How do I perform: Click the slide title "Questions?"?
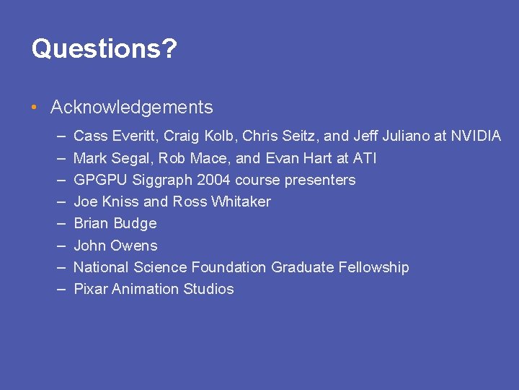tap(105, 49)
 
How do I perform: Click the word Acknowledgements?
tap(131, 108)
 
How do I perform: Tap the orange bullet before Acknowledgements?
tap(35, 108)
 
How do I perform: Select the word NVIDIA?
tap(476, 136)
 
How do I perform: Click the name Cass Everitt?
tap(117, 136)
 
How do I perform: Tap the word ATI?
tap(364, 158)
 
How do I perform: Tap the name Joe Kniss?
tap(105, 201)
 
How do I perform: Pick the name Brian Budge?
tap(115, 223)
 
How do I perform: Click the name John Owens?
tap(115, 245)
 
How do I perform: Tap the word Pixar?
tap(91, 289)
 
